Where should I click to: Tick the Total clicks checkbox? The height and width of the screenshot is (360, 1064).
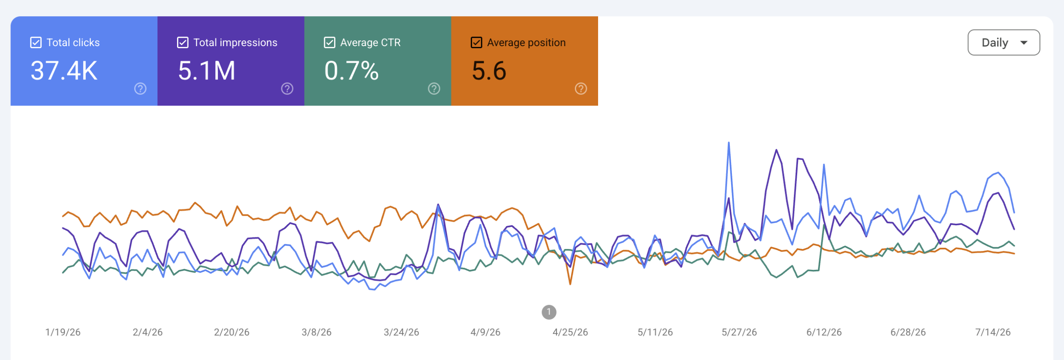click(x=36, y=42)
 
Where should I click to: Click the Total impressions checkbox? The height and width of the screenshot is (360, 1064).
click(x=182, y=42)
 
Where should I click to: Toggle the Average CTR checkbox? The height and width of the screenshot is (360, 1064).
click(x=329, y=42)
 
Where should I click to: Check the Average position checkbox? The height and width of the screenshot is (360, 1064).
click(x=476, y=42)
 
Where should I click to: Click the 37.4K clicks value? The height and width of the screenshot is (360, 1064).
click(x=64, y=71)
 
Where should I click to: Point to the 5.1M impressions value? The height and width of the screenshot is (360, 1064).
click(x=207, y=71)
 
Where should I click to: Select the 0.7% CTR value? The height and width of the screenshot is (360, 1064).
click(x=352, y=71)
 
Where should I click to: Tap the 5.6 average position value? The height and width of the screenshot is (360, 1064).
click(x=489, y=71)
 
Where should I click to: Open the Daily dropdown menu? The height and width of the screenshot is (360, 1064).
click(x=1004, y=42)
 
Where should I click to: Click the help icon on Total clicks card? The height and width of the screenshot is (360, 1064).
click(x=140, y=89)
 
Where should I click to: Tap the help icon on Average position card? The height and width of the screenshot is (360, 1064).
click(x=581, y=89)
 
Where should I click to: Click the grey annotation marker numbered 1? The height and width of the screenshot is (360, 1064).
click(x=549, y=312)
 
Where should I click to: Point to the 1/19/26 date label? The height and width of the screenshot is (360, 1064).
click(x=63, y=332)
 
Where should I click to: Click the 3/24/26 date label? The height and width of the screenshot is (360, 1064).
click(x=401, y=332)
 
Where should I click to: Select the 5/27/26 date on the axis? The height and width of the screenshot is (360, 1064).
click(x=739, y=332)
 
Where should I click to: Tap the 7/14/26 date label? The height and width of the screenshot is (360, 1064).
click(x=993, y=332)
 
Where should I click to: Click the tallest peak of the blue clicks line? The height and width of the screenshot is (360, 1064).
click(x=729, y=143)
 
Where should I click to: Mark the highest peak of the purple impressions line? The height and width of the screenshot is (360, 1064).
click(x=776, y=150)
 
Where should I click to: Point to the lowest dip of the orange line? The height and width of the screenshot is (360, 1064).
click(x=570, y=284)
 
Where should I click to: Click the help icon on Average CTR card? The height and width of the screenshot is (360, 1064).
click(x=434, y=89)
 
